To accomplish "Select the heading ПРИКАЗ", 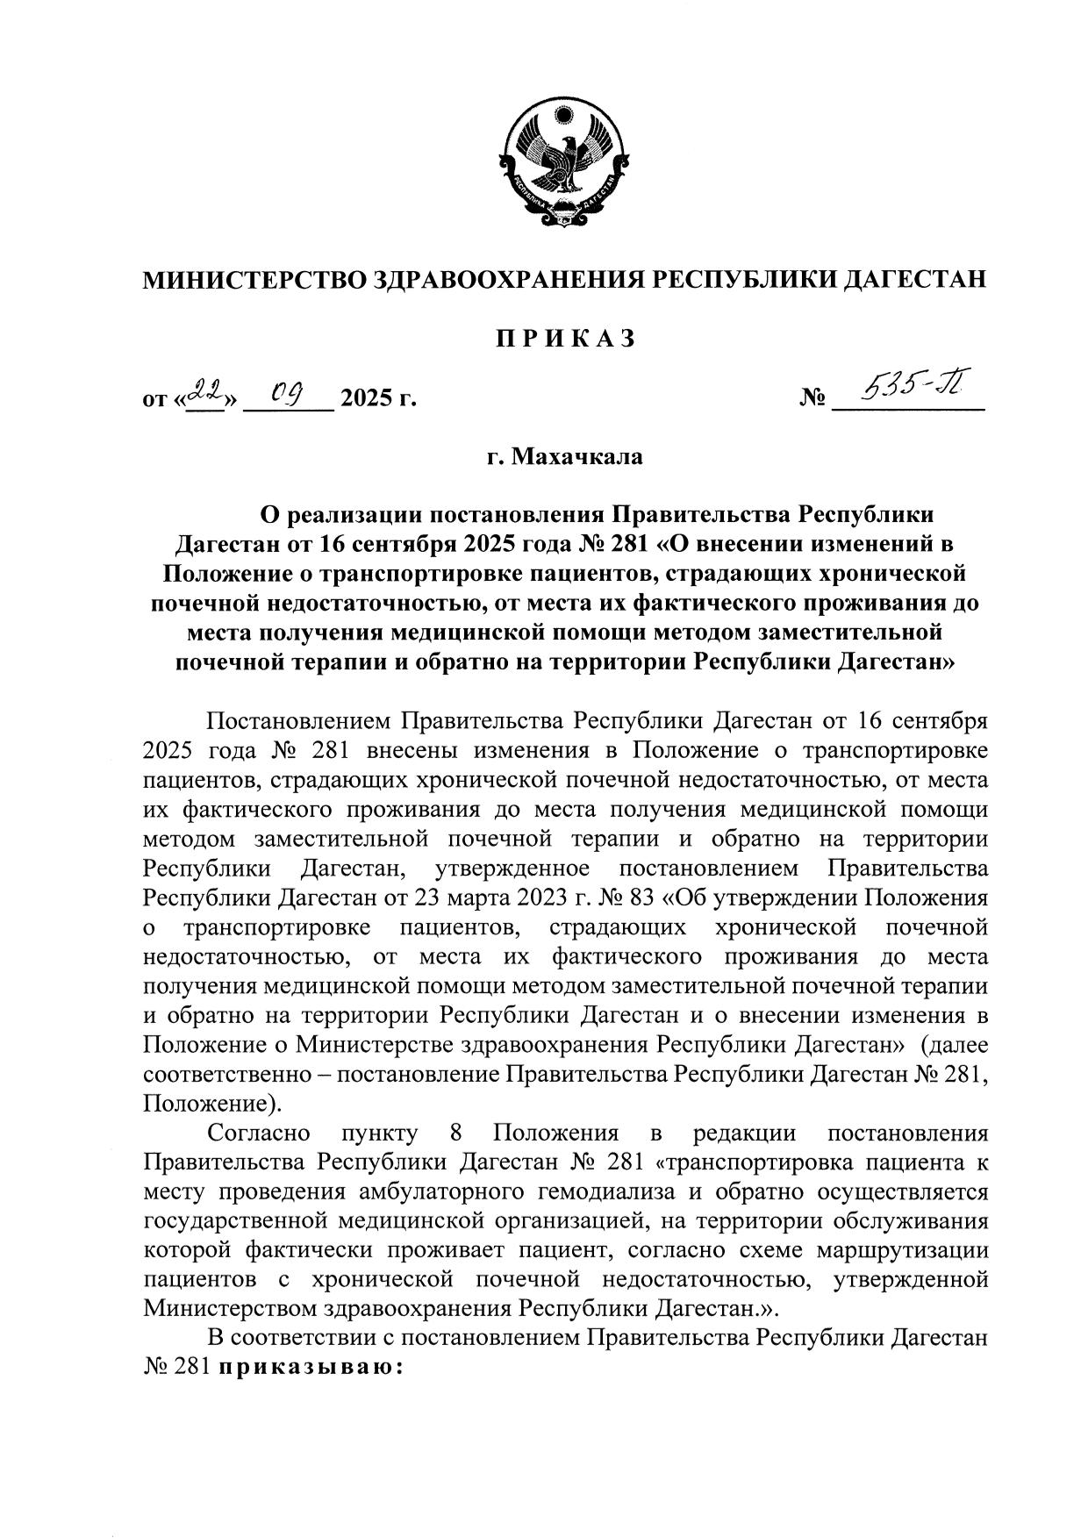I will click(564, 340).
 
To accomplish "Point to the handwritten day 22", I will click(206, 391).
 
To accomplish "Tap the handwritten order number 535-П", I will click(913, 386).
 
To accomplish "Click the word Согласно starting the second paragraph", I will click(258, 1133).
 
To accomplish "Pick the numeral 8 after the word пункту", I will click(455, 1133).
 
